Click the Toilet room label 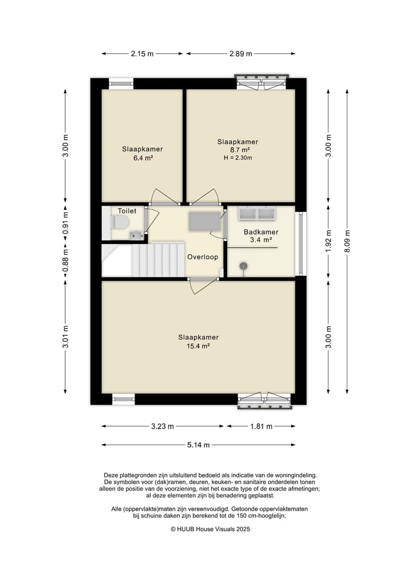pyautogui.click(x=127, y=211)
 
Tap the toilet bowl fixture pyautogui.click(x=120, y=223)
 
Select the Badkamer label pyautogui.click(x=261, y=232)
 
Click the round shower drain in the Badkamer pyautogui.click(x=244, y=266)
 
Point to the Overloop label pyautogui.click(x=203, y=257)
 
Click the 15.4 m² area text pyautogui.click(x=198, y=346)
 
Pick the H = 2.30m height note pyautogui.click(x=238, y=158)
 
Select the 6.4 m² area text pyautogui.click(x=142, y=158)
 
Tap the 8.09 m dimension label pyautogui.click(x=347, y=241)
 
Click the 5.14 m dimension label pyautogui.click(x=198, y=445)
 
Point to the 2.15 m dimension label pyautogui.click(x=142, y=54)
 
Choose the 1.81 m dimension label pyautogui.click(x=262, y=426)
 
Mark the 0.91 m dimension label pyautogui.click(x=65, y=223)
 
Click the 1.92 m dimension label pyautogui.click(x=328, y=241)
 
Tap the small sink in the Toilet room pyautogui.click(x=137, y=235)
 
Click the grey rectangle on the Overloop pyautogui.click(x=204, y=221)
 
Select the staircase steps pyautogui.click(x=158, y=259)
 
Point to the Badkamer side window pyautogui.click(x=301, y=243)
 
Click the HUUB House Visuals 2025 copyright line pyautogui.click(x=210, y=529)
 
